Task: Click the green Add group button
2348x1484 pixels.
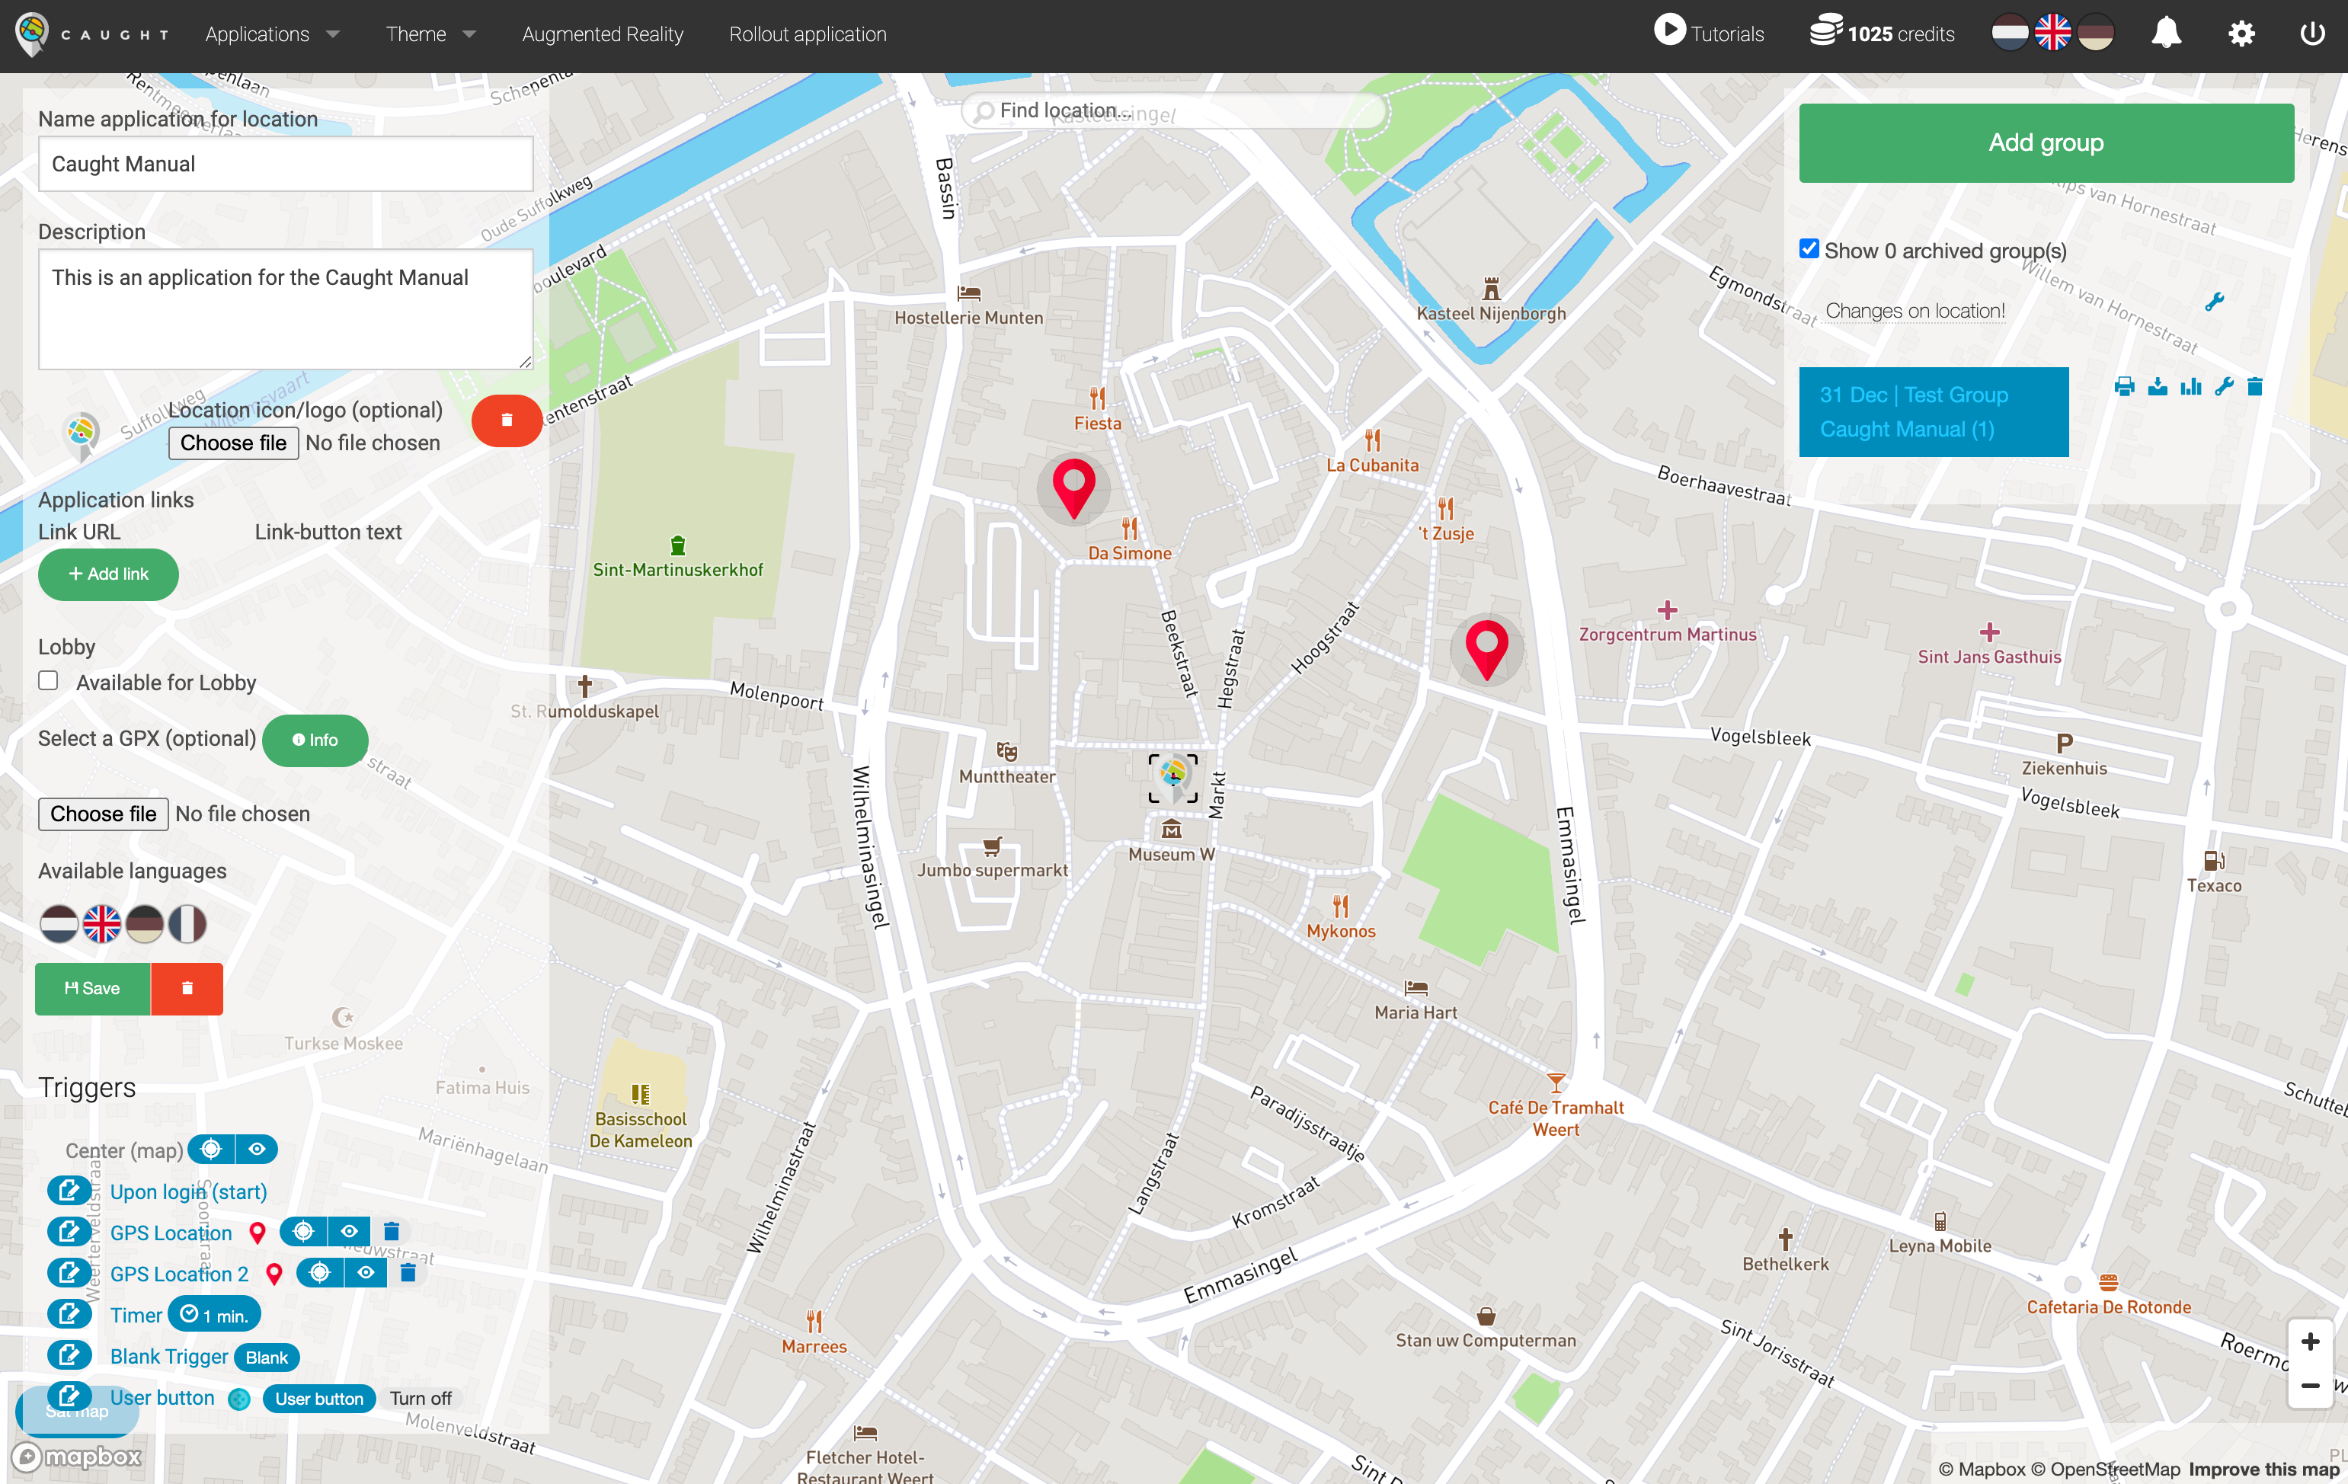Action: [2046, 143]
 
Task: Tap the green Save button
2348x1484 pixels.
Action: [93, 989]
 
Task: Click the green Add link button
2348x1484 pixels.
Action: [108, 574]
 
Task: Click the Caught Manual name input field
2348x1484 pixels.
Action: [285, 164]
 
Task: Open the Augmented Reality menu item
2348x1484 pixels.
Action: [603, 34]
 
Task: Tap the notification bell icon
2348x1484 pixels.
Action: [2166, 34]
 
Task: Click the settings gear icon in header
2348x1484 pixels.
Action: [2241, 34]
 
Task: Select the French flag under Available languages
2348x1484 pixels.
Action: [187, 923]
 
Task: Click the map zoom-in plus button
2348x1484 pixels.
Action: [2310, 1342]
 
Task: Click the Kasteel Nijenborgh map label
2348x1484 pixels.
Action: [1491, 313]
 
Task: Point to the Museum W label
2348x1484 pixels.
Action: [1171, 854]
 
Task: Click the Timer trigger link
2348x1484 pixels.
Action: [136, 1316]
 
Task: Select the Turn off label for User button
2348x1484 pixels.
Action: [421, 1398]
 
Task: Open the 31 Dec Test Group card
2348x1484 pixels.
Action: [1933, 411]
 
